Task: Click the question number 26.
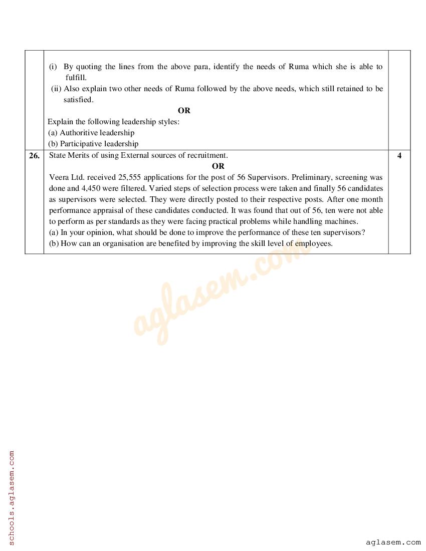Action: (34, 156)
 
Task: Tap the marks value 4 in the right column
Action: (399, 156)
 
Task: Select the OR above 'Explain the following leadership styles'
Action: (184, 111)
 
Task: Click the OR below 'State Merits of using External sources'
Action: (218, 166)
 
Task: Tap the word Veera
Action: (59, 177)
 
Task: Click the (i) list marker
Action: (53, 67)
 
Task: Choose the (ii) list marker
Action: (56, 89)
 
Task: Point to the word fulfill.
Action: (76, 78)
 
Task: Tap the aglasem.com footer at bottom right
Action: (393, 542)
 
